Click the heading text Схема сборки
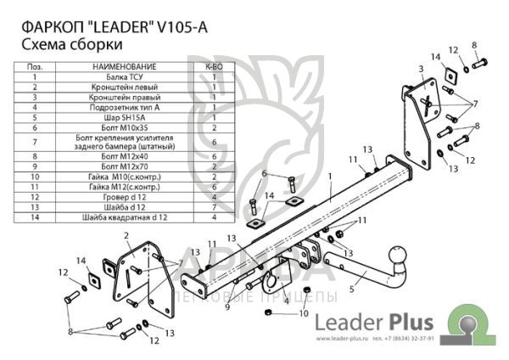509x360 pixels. (69, 44)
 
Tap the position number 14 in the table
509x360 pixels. (35, 217)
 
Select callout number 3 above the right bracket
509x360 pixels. (421, 68)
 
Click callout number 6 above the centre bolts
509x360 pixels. (265, 174)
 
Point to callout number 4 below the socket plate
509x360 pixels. (286, 300)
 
